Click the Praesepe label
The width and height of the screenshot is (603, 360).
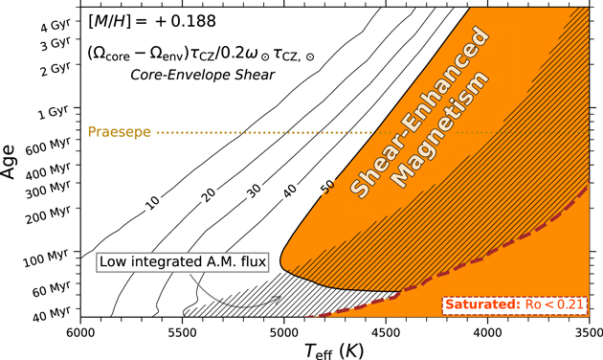120,132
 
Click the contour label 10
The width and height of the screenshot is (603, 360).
151,202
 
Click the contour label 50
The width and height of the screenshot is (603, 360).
327,186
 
